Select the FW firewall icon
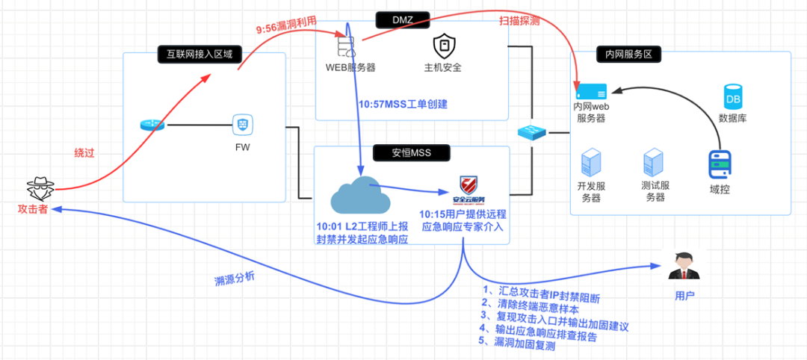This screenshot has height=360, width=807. click(x=241, y=123)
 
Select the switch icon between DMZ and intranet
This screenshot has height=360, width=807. click(x=532, y=132)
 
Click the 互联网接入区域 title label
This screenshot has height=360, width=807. click(x=200, y=53)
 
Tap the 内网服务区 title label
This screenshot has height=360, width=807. click(x=625, y=54)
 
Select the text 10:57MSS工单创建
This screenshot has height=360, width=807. click(x=403, y=105)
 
